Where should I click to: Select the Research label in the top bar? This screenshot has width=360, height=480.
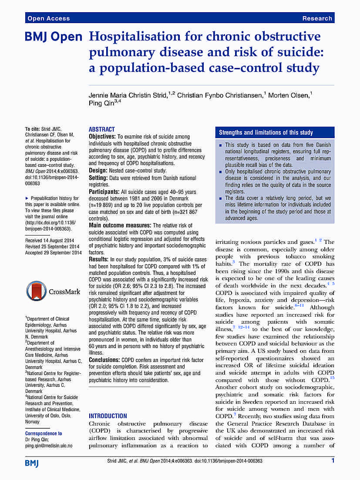(317, 18)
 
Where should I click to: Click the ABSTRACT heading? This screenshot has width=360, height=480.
(102, 129)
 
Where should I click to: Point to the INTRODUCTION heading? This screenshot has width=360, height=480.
(108, 416)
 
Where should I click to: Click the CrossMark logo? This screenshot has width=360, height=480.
(53, 291)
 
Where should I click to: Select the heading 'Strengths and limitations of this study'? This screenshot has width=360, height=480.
(266, 132)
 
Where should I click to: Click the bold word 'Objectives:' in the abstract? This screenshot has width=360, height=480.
(103, 137)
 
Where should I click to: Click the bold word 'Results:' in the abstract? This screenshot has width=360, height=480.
(100, 260)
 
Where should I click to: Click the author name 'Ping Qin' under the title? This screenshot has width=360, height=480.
(101, 102)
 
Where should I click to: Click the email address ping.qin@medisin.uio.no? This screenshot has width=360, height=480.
(49, 446)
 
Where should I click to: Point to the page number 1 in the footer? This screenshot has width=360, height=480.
(333, 460)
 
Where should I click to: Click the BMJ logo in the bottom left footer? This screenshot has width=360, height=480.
(32, 463)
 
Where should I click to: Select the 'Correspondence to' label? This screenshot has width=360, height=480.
(44, 433)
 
